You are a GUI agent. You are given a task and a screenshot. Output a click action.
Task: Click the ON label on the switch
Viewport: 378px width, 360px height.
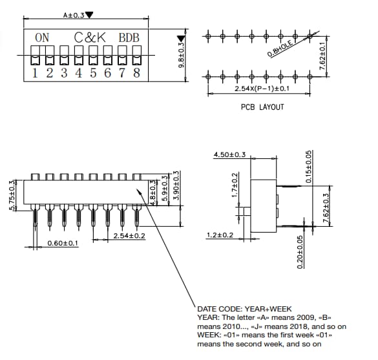(42, 37)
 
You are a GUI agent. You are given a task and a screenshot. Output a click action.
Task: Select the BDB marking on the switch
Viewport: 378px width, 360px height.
(129, 37)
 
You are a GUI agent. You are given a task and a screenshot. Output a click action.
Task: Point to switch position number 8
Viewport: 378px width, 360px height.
(136, 72)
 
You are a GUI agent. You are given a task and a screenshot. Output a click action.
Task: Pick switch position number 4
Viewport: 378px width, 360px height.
(78, 72)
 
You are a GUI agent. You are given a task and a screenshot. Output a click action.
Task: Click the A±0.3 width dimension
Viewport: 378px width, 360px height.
(74, 15)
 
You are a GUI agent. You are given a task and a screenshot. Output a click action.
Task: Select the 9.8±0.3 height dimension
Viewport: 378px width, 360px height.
(182, 56)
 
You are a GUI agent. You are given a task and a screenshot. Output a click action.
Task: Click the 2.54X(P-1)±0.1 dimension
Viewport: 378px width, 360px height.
(262, 88)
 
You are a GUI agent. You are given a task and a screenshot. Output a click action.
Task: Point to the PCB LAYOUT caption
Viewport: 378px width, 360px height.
(262, 107)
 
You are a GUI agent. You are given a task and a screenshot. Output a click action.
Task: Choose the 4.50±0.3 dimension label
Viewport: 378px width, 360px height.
(229, 154)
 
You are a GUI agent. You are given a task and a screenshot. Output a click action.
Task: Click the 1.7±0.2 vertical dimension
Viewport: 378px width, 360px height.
(235, 185)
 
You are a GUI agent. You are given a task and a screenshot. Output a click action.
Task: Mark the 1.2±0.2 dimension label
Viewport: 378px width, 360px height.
(220, 235)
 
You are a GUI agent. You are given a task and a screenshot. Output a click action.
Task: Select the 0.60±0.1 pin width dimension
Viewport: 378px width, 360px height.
(63, 243)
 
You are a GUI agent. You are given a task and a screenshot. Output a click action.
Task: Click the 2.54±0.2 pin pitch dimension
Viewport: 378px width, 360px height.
(129, 235)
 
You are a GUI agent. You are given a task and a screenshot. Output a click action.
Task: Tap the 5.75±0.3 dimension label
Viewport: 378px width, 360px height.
(12, 196)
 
